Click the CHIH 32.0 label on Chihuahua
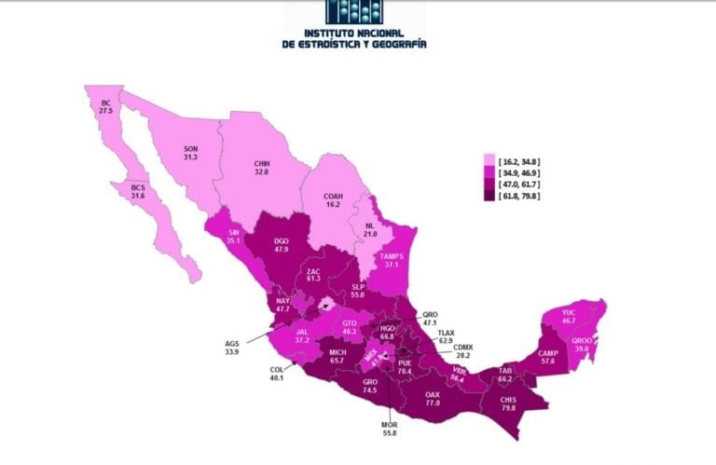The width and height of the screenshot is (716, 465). [x=262, y=167]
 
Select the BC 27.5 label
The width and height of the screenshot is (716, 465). [x=105, y=104]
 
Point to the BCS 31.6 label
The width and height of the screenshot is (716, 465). [x=140, y=191]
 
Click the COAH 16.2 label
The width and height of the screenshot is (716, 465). [x=333, y=200]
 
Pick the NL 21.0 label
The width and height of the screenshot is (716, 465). [x=370, y=229]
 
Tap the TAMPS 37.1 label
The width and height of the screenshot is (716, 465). [x=396, y=259]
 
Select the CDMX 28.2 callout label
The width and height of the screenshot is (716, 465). [x=463, y=350]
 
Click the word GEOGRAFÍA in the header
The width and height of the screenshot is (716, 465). [x=395, y=43]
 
